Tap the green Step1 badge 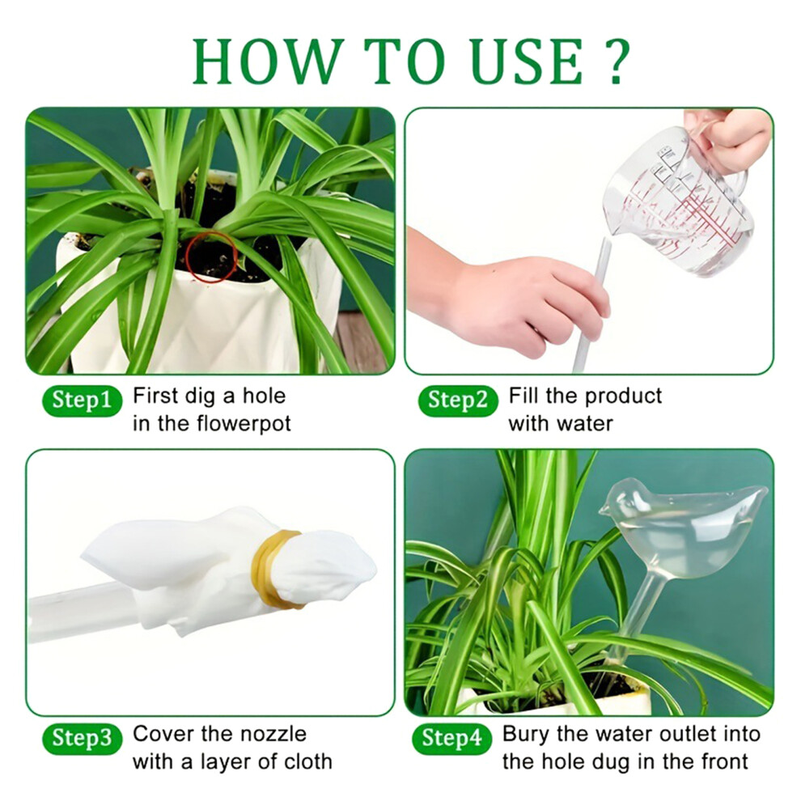83,400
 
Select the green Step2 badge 458,400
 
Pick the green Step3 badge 83,738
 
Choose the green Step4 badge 452,738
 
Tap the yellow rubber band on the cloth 273,569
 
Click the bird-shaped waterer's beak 603,508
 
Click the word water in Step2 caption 587,424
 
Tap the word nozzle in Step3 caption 273,734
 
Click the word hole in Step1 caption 264,396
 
